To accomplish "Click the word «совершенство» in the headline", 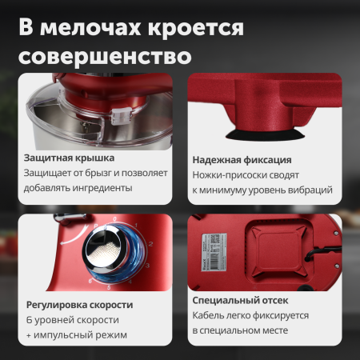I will pyautogui.click(x=105, y=58).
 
